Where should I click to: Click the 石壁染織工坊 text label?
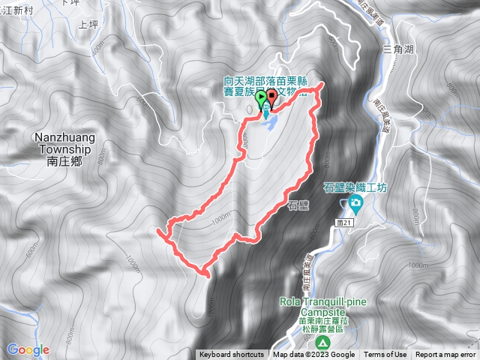point(355,187)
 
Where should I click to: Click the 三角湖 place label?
point(397,49)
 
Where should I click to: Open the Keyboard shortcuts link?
point(232,355)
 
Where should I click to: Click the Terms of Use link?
point(385,355)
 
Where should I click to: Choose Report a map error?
point(445,355)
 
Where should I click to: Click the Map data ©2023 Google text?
point(314,355)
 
